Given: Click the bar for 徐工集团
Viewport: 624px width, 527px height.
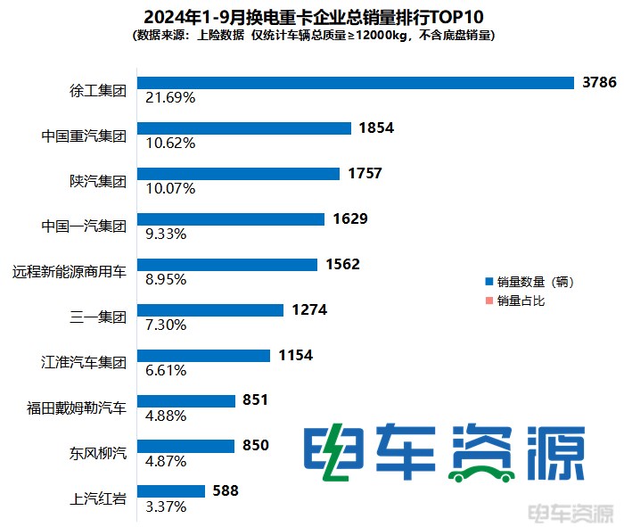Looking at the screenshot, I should [x=355, y=82].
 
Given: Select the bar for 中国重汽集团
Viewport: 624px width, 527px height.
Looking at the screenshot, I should [x=243, y=128].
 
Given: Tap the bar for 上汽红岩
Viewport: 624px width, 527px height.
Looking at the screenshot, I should [x=170, y=491].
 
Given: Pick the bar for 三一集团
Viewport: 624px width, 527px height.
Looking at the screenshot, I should [x=209, y=310].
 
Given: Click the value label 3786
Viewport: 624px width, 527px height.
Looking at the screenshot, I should [x=600, y=82].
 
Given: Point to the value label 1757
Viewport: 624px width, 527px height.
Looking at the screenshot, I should [x=365, y=173].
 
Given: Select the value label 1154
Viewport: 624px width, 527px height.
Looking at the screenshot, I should [x=295, y=355].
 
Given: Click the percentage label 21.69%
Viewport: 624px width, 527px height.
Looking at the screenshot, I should [x=163, y=97].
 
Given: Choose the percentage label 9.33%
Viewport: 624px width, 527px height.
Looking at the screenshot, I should [x=160, y=234].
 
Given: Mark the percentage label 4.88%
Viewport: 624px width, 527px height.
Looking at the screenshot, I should [x=160, y=416].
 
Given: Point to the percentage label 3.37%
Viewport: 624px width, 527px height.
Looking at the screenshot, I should [x=160, y=506].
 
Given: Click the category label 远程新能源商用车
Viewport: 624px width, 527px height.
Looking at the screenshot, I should [x=70, y=271].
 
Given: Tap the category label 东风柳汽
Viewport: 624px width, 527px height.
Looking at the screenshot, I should [x=99, y=453].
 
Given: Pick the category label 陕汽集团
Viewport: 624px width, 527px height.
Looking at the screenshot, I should [x=99, y=180].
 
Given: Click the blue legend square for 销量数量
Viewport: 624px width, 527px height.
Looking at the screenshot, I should [x=488, y=282].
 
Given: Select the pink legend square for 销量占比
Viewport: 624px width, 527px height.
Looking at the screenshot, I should [x=488, y=301].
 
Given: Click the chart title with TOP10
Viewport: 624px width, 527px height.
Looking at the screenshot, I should [x=312, y=16].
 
